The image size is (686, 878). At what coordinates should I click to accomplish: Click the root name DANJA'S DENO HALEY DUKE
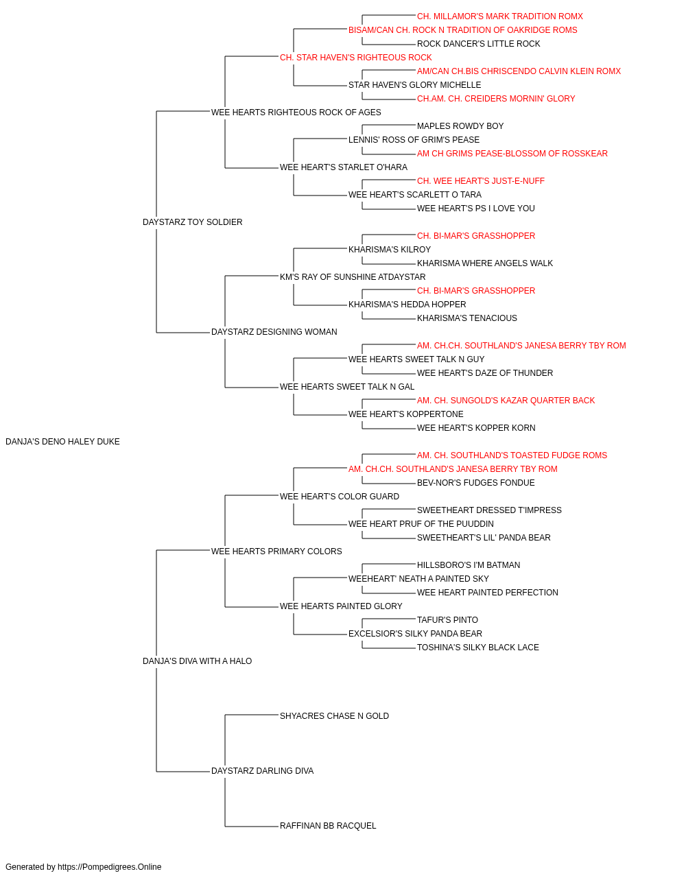point(62,442)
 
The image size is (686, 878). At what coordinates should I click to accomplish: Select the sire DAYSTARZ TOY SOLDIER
point(192,222)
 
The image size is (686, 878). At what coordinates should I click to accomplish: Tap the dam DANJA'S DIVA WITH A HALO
point(197,661)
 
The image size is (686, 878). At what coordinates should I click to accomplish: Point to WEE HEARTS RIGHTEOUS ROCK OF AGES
point(296,112)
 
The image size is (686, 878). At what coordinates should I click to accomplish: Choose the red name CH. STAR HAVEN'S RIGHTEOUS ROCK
point(356,58)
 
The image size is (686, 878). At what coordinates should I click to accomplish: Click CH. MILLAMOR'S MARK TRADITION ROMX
point(500,16)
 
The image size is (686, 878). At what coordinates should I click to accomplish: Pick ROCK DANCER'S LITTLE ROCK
point(478,44)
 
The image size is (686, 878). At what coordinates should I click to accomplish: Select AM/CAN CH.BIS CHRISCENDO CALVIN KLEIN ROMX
point(519,71)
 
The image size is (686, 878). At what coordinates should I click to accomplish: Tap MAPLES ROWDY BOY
point(460,126)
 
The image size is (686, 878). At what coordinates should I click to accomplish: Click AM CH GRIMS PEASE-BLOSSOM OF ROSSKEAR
point(512,154)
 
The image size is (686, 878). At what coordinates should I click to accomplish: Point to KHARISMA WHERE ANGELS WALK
point(485,263)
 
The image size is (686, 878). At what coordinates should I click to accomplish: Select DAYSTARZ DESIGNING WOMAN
point(274,332)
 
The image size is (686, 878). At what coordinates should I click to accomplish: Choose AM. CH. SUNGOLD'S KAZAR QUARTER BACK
point(506,401)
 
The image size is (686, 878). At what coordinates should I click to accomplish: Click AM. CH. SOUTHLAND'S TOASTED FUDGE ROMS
point(512,455)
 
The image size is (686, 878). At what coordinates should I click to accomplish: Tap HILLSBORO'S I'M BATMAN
point(469,565)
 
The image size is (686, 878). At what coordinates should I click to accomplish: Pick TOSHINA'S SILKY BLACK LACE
point(478,648)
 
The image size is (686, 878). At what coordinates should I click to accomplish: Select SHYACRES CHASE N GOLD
point(334,716)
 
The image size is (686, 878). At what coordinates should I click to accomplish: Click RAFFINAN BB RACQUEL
point(328,826)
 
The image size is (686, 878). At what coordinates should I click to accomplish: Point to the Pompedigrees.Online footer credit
point(83,867)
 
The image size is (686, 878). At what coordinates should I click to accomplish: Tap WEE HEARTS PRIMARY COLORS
point(276,551)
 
